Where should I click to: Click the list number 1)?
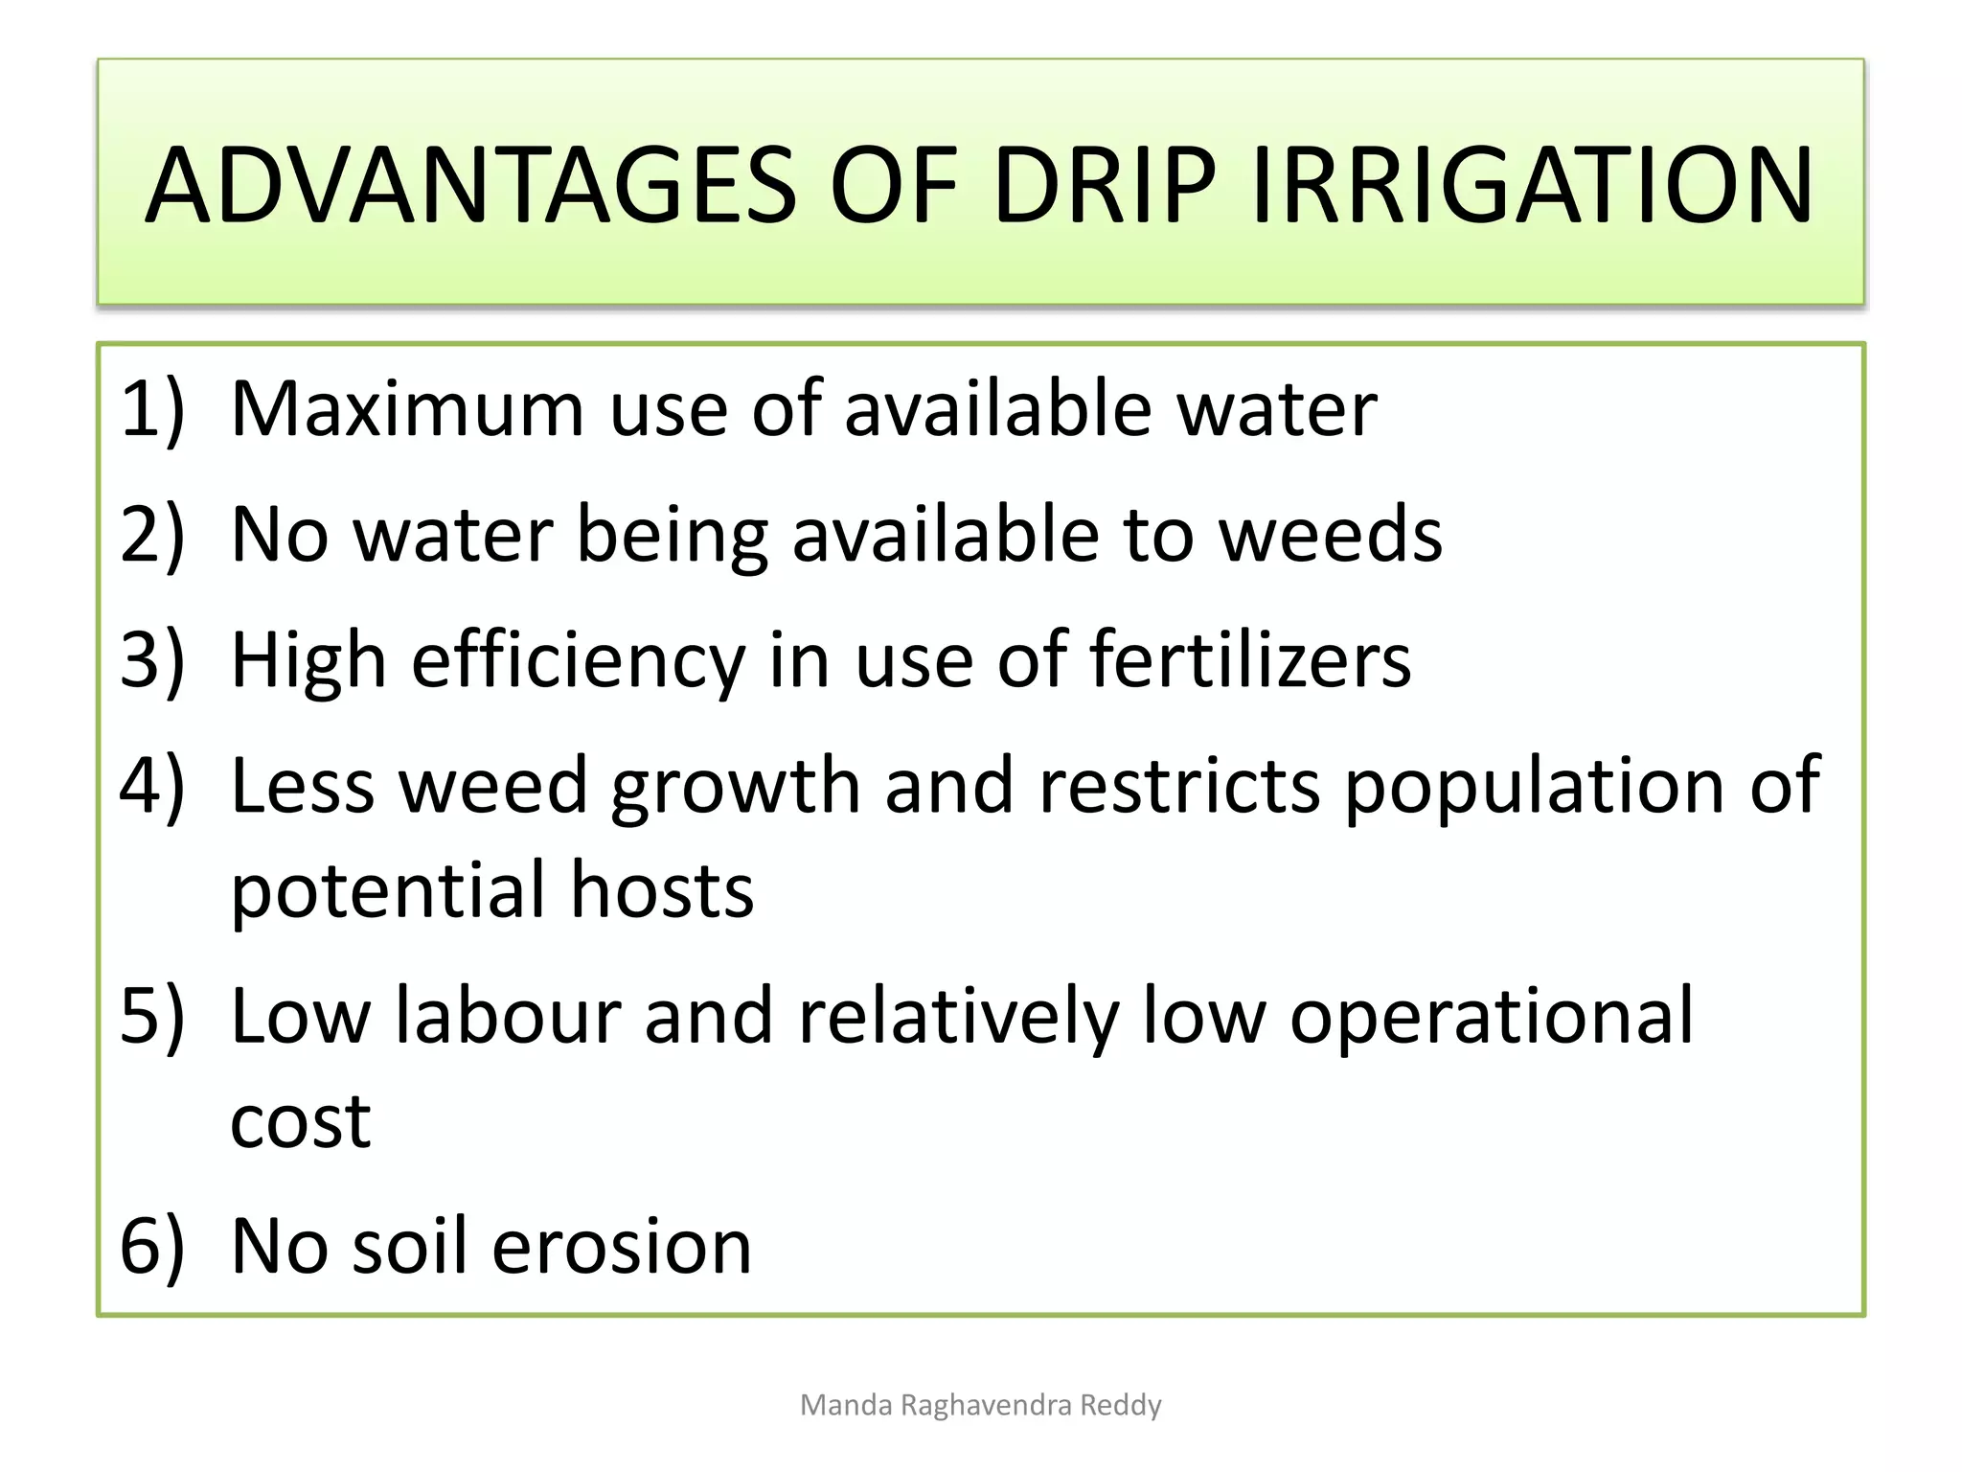click(x=151, y=409)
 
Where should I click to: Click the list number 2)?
click(x=151, y=535)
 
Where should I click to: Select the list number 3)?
click(x=151, y=660)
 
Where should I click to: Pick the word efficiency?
click(x=578, y=662)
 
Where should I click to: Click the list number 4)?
click(x=151, y=786)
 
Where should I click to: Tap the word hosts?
click(x=662, y=890)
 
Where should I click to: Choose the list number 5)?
click(x=151, y=1016)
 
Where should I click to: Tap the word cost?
click(x=300, y=1121)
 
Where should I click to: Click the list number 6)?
click(x=151, y=1246)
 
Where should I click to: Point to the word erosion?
click(x=621, y=1247)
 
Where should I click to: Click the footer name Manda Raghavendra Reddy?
click(x=980, y=1405)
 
